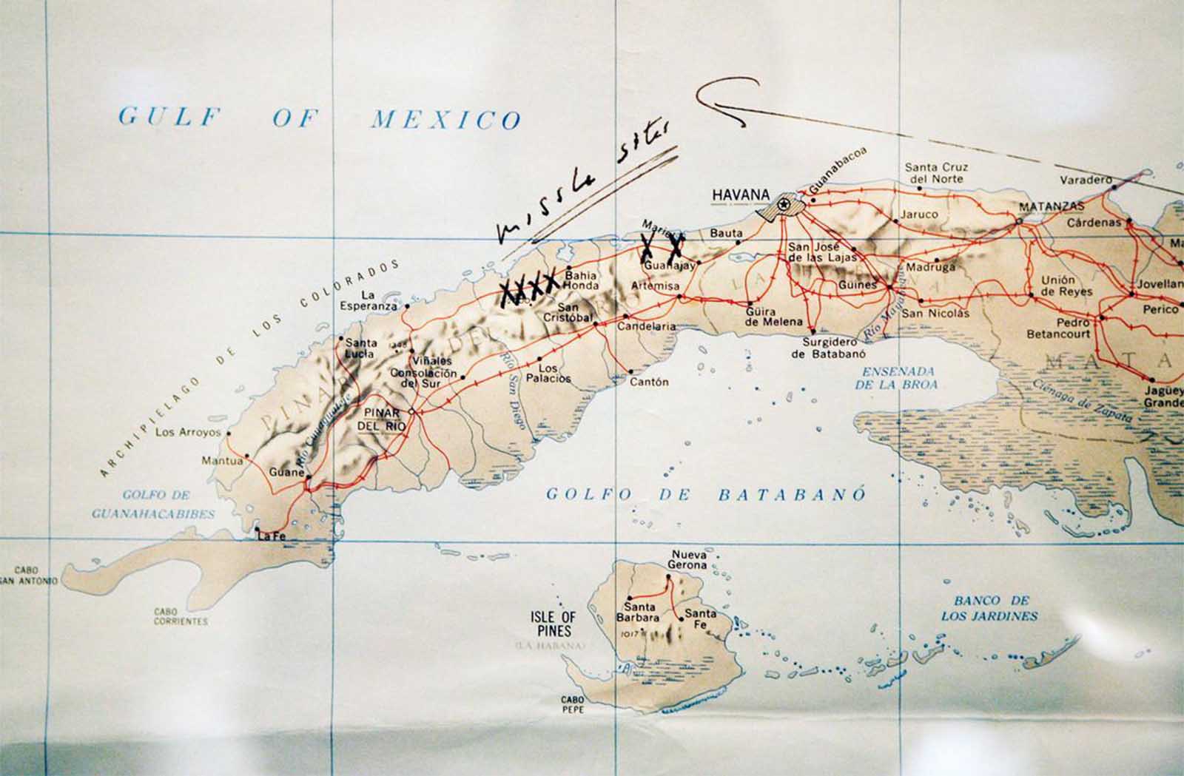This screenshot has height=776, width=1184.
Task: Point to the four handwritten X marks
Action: (528, 286)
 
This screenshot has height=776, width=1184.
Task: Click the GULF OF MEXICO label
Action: (320, 118)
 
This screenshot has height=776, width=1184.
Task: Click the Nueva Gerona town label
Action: (688, 560)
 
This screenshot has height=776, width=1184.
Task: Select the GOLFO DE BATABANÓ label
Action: (705, 495)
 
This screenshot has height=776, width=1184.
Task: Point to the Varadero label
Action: (1086, 180)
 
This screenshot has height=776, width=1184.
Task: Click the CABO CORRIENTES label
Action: (181, 617)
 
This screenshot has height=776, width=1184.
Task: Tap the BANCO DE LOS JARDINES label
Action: (989, 608)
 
